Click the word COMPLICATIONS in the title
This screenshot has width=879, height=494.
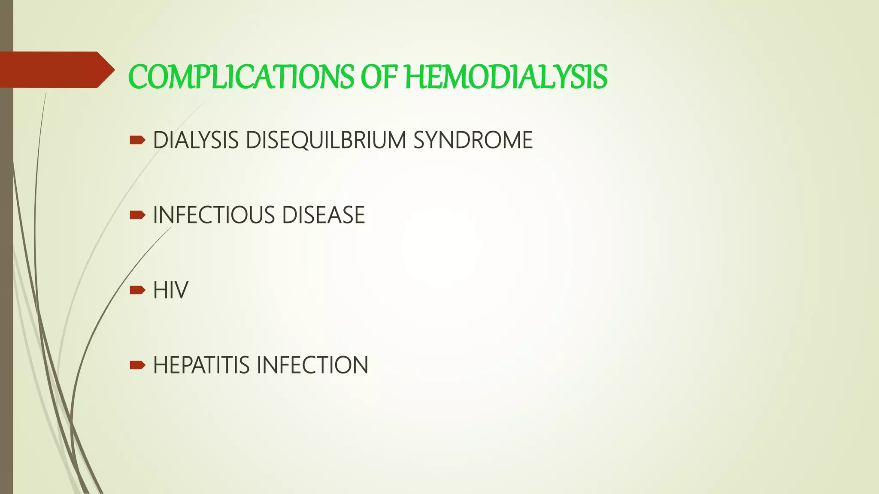tap(241, 77)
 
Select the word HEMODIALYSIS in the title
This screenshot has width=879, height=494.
tap(506, 77)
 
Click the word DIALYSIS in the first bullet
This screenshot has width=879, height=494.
tap(196, 140)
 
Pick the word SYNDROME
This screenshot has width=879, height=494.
tap(473, 140)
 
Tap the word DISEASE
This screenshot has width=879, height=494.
tap(323, 215)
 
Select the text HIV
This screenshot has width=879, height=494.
tap(170, 290)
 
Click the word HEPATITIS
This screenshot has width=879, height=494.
tap(201, 365)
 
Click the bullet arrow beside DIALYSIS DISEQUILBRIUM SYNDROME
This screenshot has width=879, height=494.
tap(137, 140)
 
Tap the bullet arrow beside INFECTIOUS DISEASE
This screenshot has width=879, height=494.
tap(137, 215)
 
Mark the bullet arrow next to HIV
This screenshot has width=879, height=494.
tap(137, 290)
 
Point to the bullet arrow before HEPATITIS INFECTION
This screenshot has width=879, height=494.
tap(137, 365)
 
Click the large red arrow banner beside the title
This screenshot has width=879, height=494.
tap(56, 69)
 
